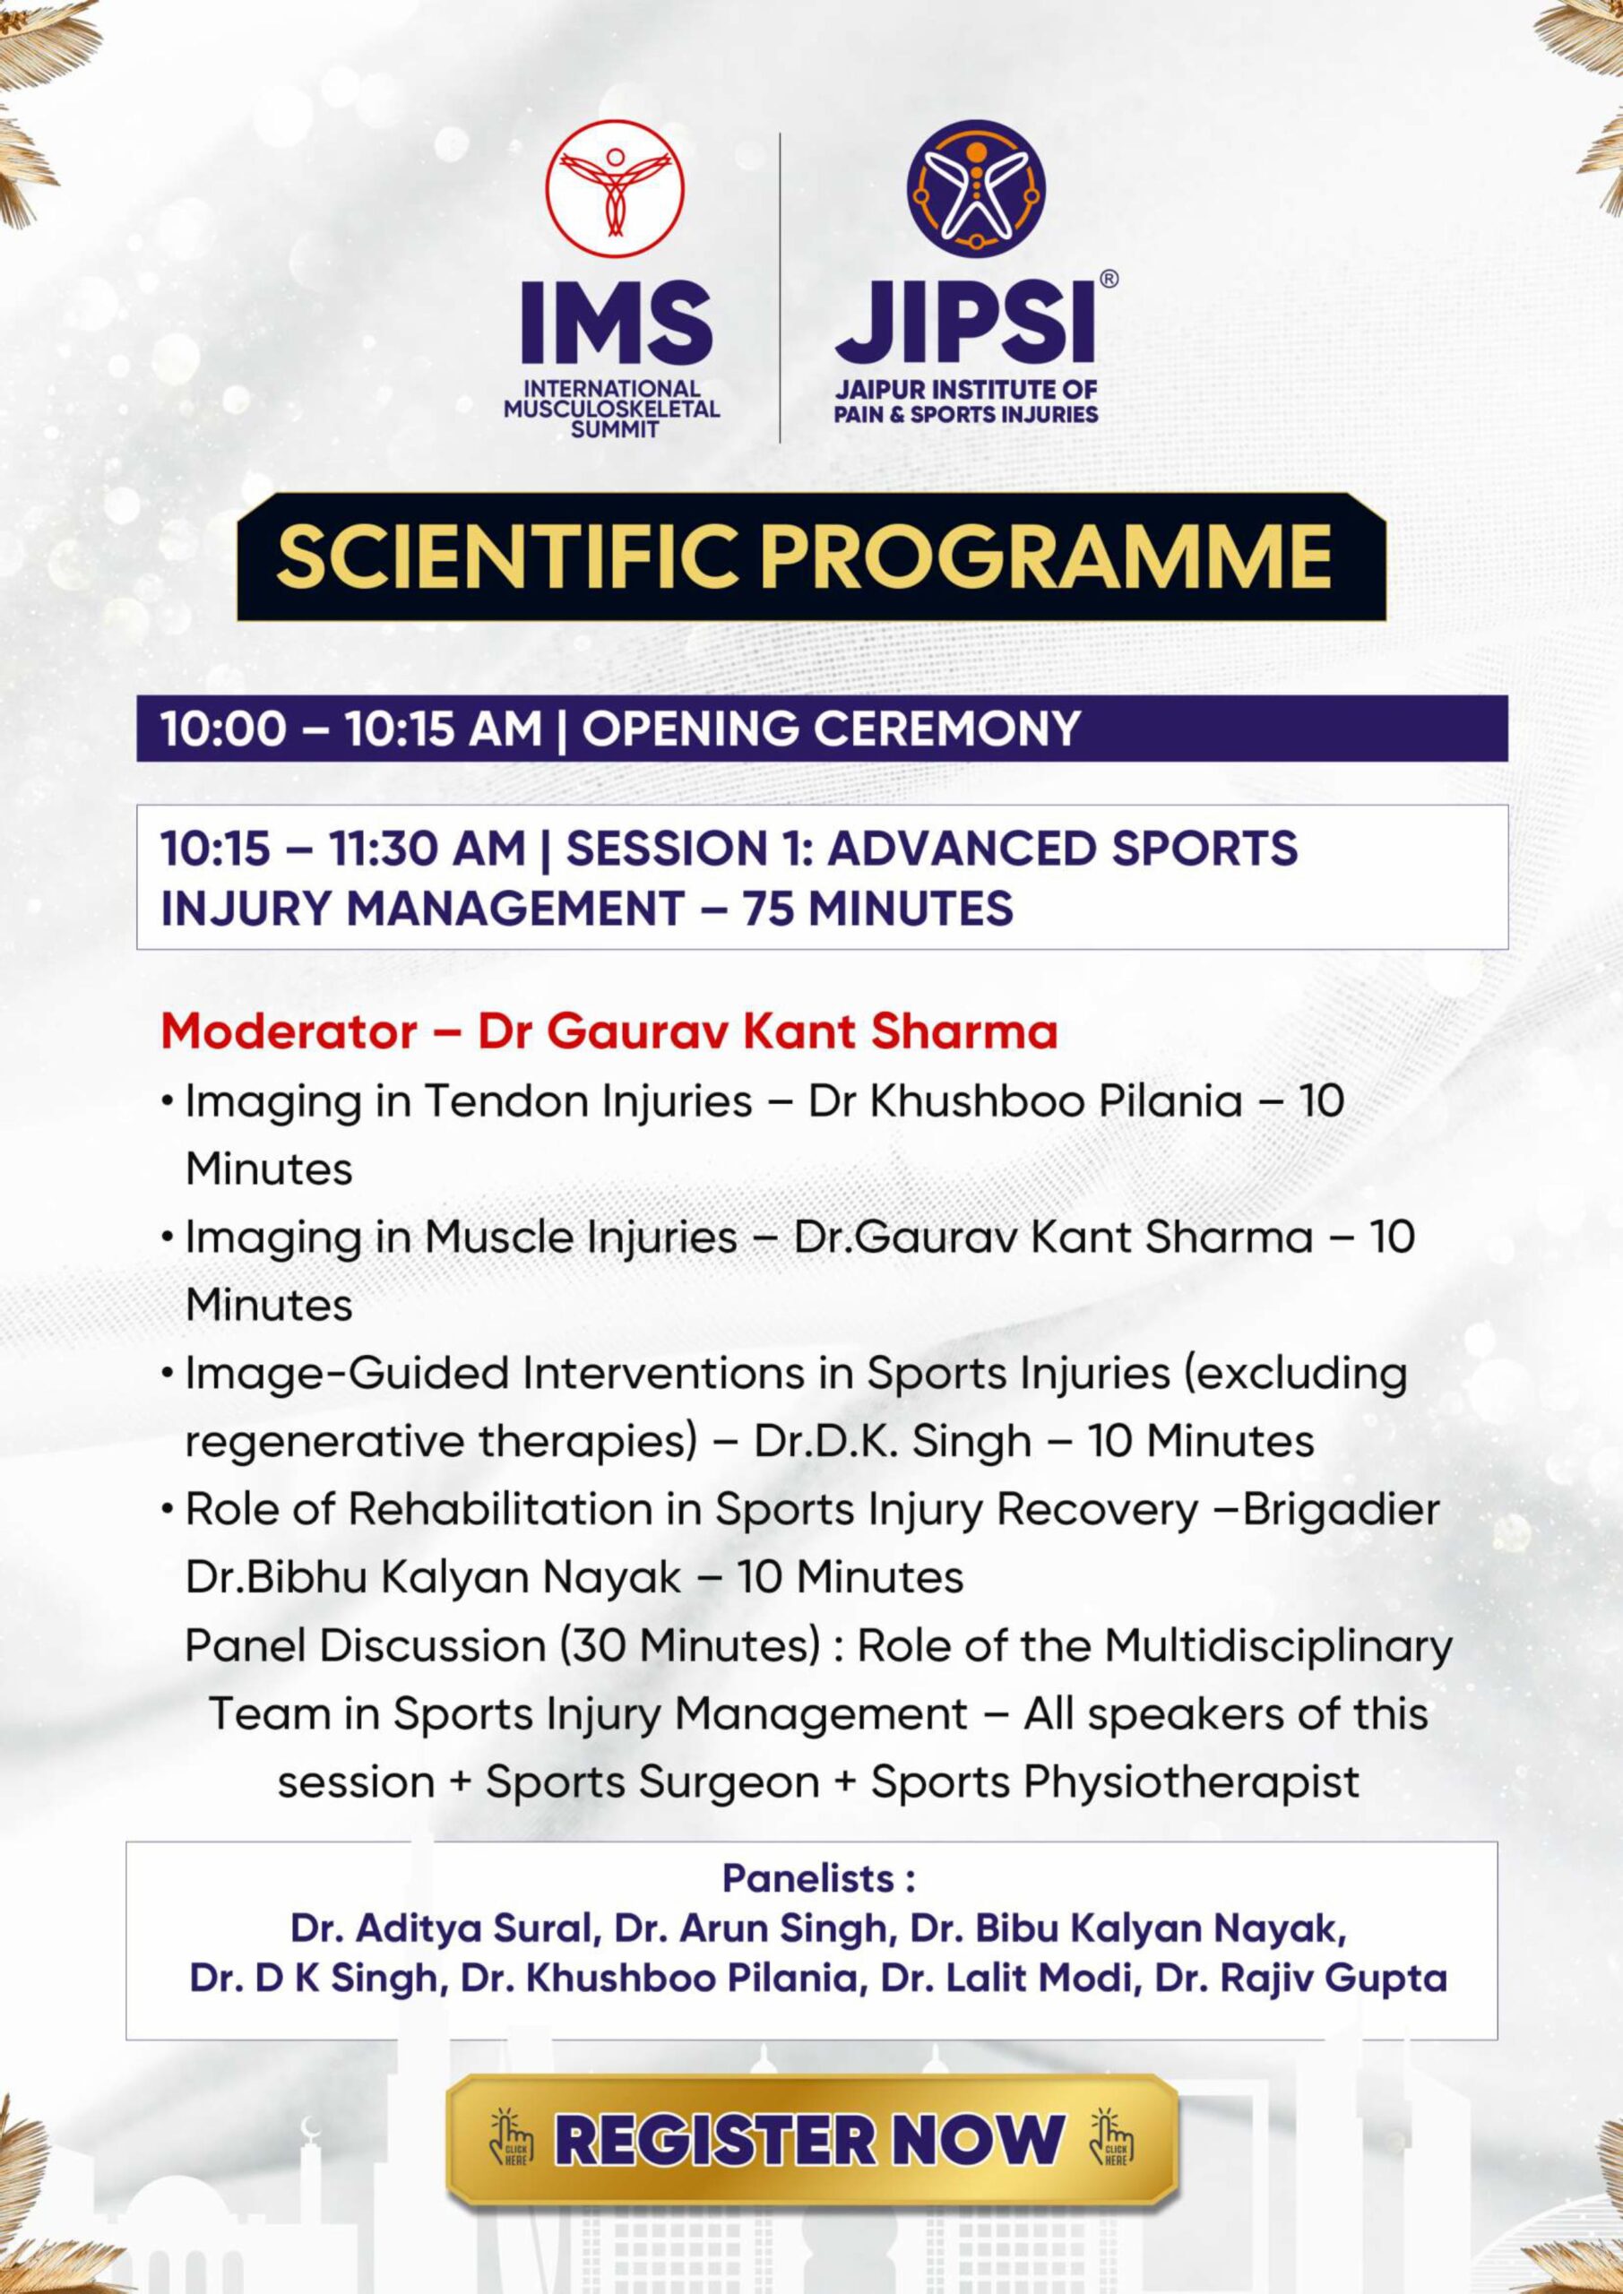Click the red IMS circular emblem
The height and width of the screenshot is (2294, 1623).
615,189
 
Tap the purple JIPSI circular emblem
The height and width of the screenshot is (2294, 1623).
975,188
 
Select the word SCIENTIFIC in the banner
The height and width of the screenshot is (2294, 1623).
511,556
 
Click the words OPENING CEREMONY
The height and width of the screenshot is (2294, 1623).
832,729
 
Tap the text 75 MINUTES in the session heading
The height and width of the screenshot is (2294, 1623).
877,909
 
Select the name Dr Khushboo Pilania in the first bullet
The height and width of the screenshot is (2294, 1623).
1025,1102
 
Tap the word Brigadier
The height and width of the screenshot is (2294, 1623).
1342,1510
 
